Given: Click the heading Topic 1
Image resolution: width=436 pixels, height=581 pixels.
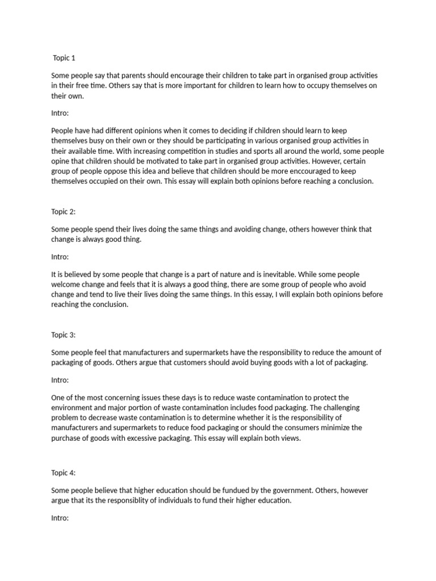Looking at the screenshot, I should tap(64, 58).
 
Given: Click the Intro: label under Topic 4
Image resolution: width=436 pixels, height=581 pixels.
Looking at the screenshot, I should tap(60, 517).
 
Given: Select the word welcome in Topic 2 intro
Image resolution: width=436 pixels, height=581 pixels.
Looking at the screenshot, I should tap(66, 284).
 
